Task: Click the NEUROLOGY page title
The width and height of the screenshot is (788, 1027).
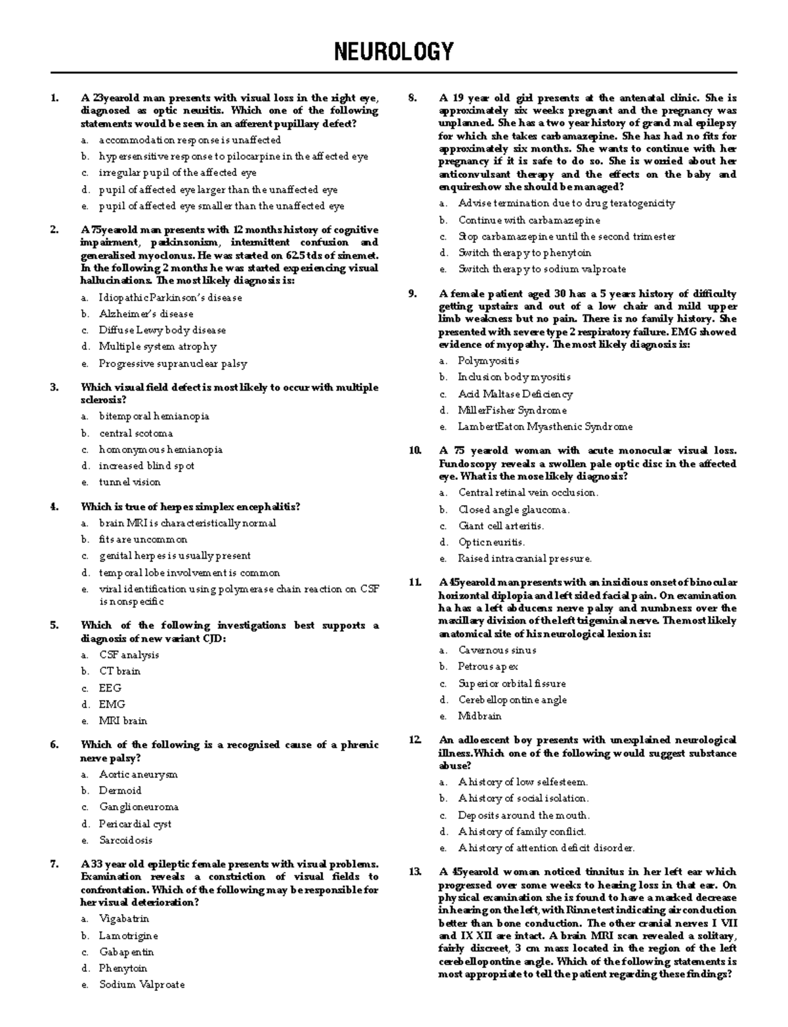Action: point(394,51)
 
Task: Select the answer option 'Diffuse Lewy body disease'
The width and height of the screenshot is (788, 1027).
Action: point(162,330)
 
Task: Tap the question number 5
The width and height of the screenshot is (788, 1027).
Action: point(54,625)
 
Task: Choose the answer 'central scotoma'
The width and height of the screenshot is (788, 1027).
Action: point(136,433)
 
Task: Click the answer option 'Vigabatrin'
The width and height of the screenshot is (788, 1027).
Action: point(124,919)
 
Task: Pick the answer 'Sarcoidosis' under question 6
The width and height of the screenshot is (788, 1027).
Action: point(125,840)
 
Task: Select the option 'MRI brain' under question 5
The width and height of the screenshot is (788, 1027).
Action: point(123,720)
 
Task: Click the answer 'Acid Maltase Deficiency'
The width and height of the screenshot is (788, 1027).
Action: point(515,394)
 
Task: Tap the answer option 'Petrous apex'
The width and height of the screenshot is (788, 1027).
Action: point(488,666)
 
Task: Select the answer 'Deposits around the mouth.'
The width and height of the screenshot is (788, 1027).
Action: point(523,815)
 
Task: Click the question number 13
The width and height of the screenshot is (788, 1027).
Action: point(414,872)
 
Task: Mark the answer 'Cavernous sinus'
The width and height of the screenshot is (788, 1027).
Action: point(497,650)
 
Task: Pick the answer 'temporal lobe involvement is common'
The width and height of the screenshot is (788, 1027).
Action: point(189,573)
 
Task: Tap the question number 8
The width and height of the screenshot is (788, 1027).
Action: point(412,98)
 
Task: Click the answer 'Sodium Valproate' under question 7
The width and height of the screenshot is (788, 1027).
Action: point(142,984)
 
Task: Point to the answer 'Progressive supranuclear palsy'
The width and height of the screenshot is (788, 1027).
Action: point(173,363)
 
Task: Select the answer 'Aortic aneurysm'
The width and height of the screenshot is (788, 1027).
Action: point(138,774)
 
